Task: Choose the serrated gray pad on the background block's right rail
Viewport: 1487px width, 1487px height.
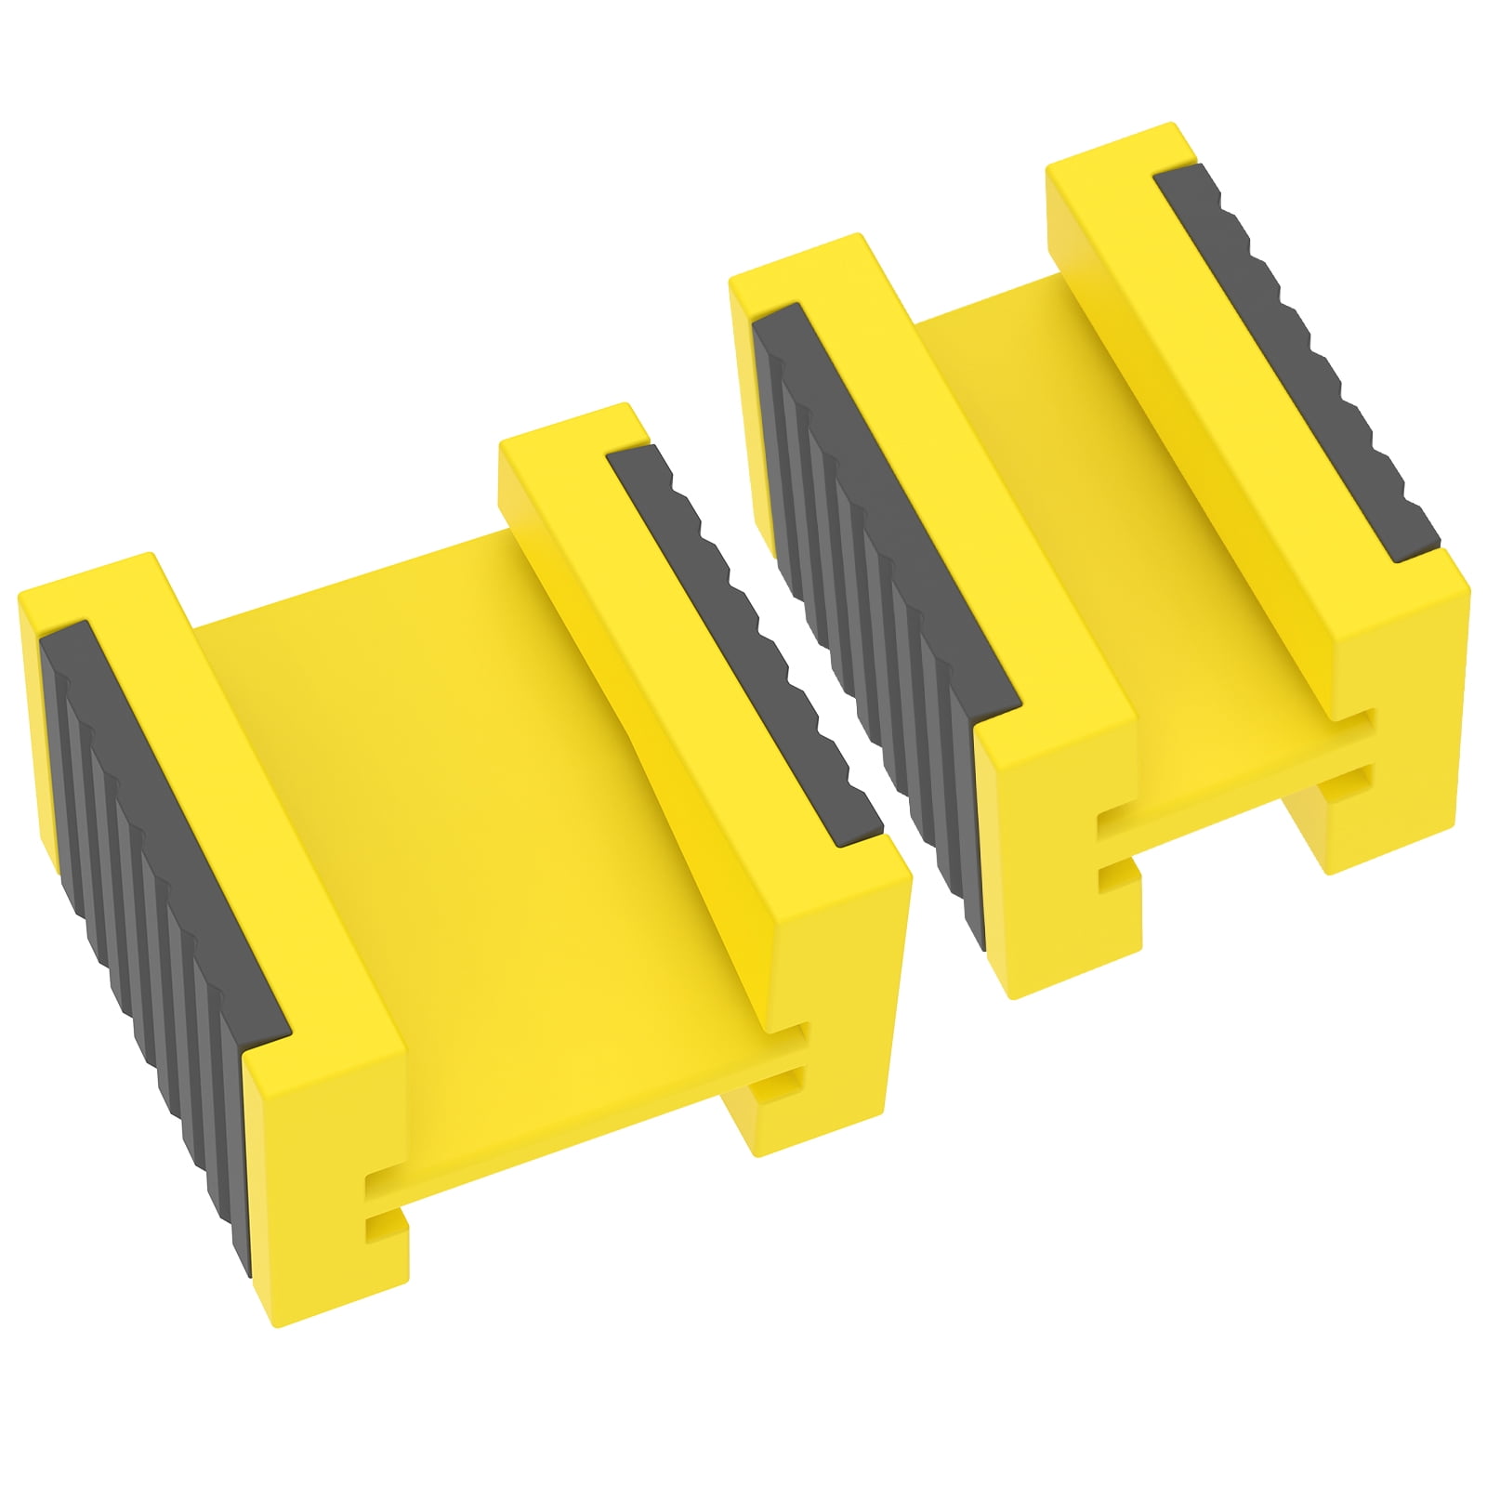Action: pos(1301,362)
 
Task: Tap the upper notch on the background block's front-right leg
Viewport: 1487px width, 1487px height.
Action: pos(1362,721)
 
